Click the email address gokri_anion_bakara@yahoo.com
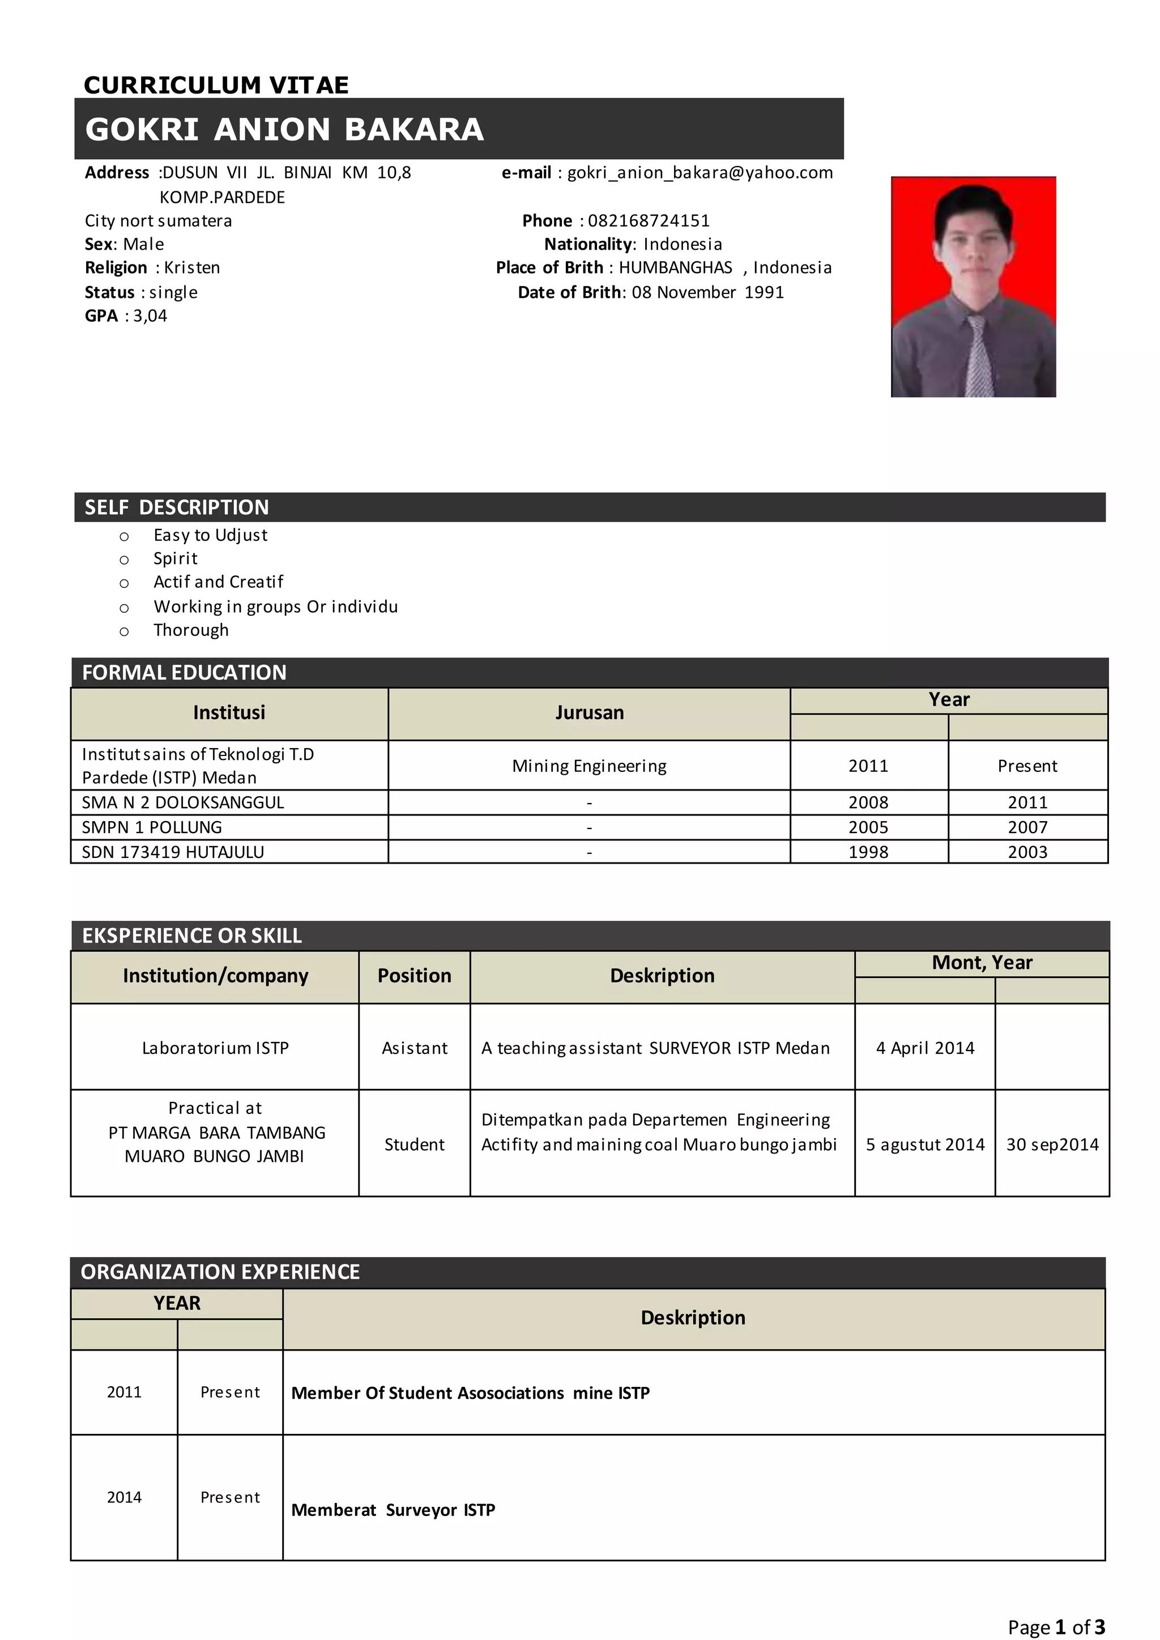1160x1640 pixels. coord(700,173)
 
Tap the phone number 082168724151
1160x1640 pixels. coord(649,221)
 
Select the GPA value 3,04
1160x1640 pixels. coord(150,316)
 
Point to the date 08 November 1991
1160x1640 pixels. coord(707,292)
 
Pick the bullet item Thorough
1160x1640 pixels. coord(191,630)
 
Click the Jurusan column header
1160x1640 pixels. coord(589,713)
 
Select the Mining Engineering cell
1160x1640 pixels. coord(589,766)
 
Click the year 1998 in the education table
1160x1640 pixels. coord(868,852)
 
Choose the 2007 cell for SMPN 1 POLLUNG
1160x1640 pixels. coord(1027,827)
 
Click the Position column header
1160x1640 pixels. coord(414,976)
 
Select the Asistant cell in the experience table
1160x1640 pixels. coord(414,1048)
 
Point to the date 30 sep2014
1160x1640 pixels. coord(1052,1144)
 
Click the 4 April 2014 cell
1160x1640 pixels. coord(925,1048)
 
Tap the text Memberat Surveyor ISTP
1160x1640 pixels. coord(393,1510)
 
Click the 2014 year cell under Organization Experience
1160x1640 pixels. coord(124,1497)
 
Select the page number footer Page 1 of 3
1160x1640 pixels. coord(1056,1627)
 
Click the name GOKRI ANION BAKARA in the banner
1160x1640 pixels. coord(284,129)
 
